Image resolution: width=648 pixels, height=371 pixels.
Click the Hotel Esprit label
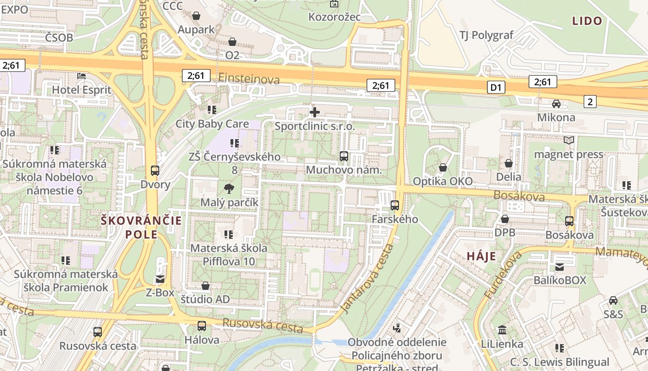click(x=81, y=90)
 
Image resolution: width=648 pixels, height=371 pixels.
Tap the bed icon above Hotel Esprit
click(x=81, y=76)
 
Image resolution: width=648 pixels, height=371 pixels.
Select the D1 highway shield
click(x=496, y=87)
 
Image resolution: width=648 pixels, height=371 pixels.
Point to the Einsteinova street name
click(x=249, y=79)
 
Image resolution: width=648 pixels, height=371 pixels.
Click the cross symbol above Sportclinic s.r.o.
click(x=315, y=112)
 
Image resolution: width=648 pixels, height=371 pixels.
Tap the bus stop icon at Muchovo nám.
click(x=343, y=156)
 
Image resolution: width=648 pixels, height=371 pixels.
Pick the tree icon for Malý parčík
click(x=229, y=188)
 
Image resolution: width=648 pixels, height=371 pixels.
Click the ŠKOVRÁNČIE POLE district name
click(x=142, y=227)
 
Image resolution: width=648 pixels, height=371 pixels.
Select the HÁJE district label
click(x=481, y=256)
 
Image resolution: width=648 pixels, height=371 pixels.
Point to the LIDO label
click(x=587, y=21)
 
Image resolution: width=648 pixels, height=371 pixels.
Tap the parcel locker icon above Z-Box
click(x=160, y=279)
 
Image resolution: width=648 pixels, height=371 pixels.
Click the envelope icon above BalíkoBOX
click(x=560, y=267)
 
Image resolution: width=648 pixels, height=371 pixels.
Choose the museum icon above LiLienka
click(x=502, y=330)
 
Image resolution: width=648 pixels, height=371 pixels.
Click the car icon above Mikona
click(x=556, y=103)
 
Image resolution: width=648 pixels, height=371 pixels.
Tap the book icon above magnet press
click(x=569, y=140)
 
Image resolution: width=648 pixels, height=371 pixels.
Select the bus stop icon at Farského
click(x=395, y=205)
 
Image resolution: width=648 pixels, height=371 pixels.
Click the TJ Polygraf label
click(x=486, y=35)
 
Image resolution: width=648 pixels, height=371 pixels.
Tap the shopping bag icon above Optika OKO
click(x=443, y=167)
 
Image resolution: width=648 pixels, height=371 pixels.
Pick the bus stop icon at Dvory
click(x=155, y=170)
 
